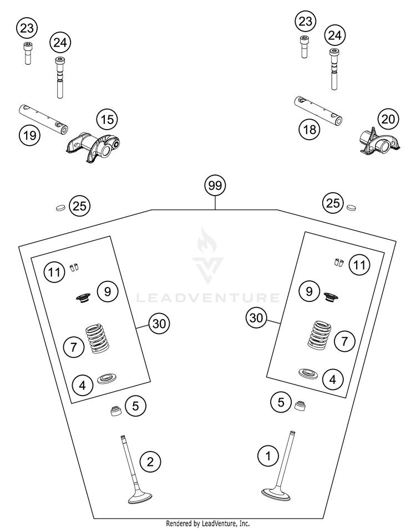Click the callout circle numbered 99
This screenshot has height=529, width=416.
point(215,186)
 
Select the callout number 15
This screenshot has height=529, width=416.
point(107,120)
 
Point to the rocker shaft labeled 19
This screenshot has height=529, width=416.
point(43,120)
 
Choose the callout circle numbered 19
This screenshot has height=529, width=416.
point(29,136)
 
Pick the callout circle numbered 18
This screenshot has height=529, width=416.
point(310,129)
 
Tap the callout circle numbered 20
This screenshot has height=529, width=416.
point(388,119)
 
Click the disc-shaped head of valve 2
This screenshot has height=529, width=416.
point(140,497)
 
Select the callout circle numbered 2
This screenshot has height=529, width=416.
point(150,461)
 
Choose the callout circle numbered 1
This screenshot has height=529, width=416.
point(268,456)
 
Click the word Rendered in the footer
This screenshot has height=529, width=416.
point(179,523)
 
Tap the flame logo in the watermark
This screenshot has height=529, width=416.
point(204,240)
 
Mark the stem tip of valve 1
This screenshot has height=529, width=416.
point(292,432)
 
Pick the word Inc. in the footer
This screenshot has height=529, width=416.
point(244,523)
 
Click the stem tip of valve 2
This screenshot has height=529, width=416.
point(123,437)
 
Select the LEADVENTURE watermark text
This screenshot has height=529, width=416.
point(208,298)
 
